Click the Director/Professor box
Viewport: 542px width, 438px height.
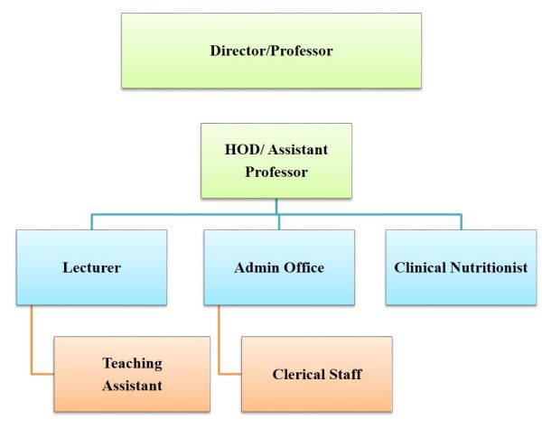click(271, 51)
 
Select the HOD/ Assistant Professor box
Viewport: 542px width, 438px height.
click(276, 161)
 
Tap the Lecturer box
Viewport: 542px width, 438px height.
click(91, 267)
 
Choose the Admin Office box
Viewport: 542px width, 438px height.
click(279, 267)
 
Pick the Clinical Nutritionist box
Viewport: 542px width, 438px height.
click(461, 267)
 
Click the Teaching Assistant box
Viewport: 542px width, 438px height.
click(132, 374)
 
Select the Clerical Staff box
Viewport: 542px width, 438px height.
click(317, 374)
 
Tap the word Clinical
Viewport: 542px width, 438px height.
click(420, 267)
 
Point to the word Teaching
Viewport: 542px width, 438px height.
click(133, 364)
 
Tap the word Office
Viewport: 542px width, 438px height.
click(304, 267)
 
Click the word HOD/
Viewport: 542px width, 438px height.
click(244, 149)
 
